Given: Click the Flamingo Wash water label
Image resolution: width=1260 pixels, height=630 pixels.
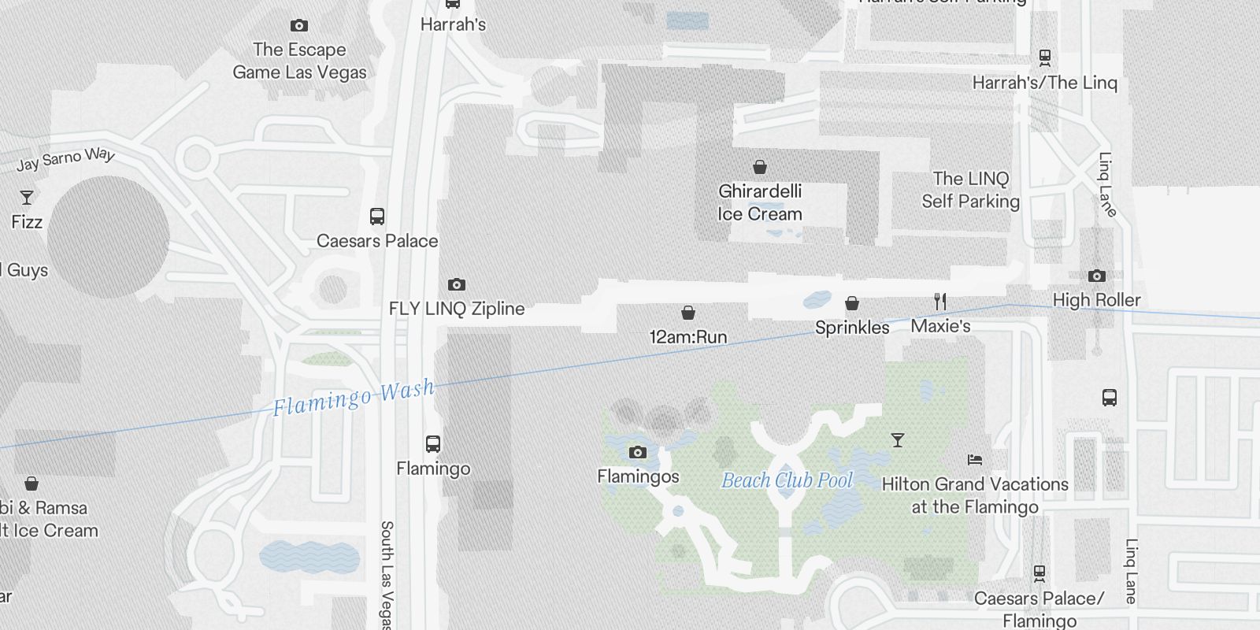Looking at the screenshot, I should coord(354,397).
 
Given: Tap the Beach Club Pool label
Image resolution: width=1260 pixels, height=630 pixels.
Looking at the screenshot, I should coord(787,480).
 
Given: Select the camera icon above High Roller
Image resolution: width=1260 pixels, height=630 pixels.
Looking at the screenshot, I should coord(1096,276).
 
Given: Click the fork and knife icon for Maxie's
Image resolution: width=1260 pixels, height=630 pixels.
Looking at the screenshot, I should coord(939,302).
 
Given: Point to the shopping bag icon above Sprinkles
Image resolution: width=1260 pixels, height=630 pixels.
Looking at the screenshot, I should coord(851,303).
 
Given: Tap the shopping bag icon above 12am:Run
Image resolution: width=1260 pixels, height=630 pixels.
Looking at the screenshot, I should coord(687,313).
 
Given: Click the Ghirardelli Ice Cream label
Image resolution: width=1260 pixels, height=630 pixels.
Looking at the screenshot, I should coord(760,202).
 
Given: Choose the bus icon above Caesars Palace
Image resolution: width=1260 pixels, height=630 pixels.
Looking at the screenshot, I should coord(377,217).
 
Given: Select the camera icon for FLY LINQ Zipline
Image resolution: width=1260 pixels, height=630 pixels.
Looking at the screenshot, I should coord(456,284).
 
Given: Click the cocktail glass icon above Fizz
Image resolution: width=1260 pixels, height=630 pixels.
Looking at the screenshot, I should coord(27,197).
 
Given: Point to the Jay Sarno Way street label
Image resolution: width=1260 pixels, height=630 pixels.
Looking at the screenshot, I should coord(66,159).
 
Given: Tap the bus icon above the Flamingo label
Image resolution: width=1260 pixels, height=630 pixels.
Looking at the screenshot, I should coord(432,444).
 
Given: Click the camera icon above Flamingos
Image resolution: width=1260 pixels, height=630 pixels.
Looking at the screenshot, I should coord(637,452).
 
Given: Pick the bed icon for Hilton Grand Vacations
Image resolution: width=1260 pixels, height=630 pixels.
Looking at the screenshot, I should coord(975,460).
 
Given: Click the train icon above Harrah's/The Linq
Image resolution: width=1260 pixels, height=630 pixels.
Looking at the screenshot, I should coord(1044,57).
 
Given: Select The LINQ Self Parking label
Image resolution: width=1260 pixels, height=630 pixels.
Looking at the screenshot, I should coord(970,190).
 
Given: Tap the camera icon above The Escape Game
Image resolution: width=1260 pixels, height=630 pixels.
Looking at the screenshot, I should coord(298,25).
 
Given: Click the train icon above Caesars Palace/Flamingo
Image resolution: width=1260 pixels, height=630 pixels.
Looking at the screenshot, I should coord(1039,573).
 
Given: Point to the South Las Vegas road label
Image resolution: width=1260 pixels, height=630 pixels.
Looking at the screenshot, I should coord(386,575).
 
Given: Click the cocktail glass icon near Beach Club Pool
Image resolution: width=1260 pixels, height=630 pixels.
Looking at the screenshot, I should coord(897,440).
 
